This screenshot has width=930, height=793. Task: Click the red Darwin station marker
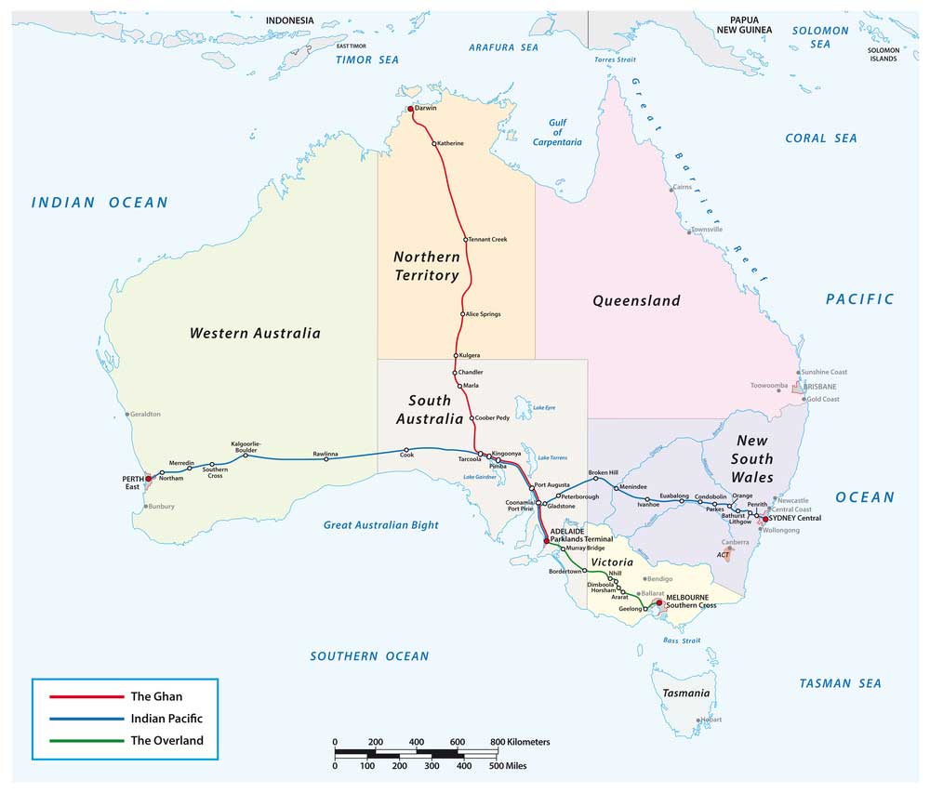tap(410, 109)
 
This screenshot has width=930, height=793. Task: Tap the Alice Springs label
tap(484, 314)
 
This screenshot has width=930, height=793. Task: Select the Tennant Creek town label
tap(487, 240)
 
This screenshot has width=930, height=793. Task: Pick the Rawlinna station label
tap(325, 453)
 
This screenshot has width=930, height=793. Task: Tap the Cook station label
tap(406, 456)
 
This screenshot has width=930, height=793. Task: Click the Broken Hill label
tap(603, 472)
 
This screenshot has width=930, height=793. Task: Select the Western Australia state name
tap(255, 333)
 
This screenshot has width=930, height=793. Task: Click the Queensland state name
tap(636, 300)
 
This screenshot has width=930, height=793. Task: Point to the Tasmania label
tap(686, 694)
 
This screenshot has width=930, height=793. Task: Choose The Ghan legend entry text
tap(153, 696)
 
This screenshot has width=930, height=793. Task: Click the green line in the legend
tap(78, 741)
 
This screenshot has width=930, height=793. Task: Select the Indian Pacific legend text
tap(166, 719)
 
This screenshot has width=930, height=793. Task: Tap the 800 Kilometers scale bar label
tap(520, 742)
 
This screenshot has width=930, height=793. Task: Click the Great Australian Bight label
tap(380, 525)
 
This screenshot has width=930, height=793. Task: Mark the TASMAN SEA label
tap(840, 683)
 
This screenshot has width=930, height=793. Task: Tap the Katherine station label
tap(451, 143)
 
